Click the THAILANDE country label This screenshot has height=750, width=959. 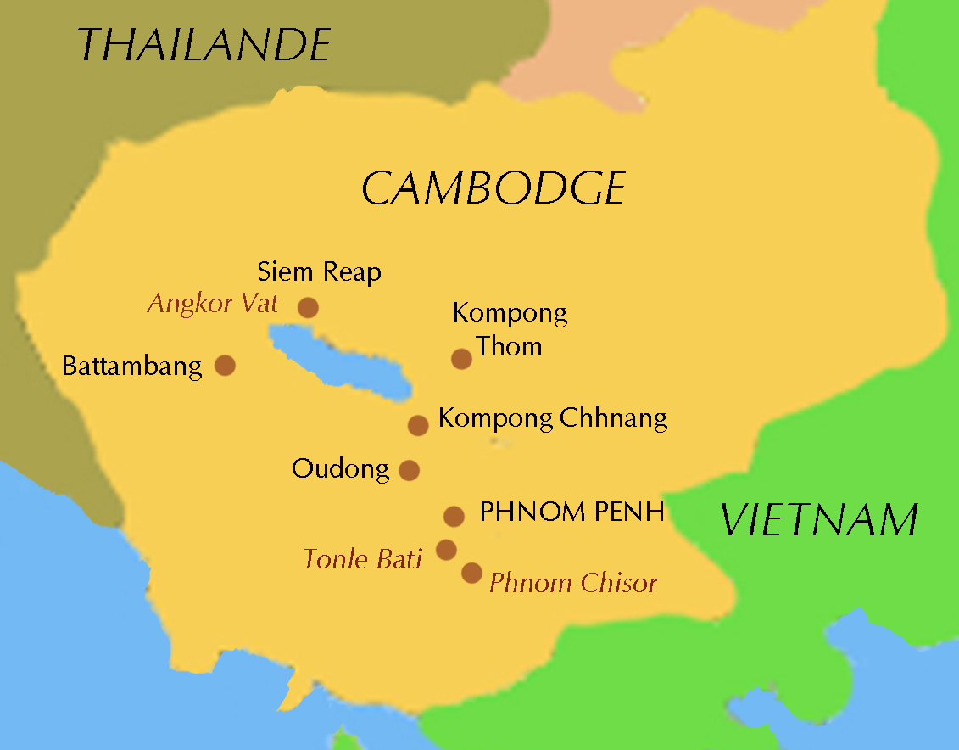(204, 44)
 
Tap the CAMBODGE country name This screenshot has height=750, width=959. (493, 188)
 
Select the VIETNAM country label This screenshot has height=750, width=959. (819, 519)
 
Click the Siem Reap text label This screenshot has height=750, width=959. (319, 272)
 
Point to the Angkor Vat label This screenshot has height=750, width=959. (213, 304)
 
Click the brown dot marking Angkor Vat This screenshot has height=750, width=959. (308, 307)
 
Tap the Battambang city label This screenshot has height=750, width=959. (132, 367)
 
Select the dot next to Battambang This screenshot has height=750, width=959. (225, 365)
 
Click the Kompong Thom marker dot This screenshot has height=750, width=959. (461, 359)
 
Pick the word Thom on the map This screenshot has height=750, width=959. (509, 346)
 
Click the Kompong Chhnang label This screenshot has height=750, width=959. (553, 418)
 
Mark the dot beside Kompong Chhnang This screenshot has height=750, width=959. (418, 425)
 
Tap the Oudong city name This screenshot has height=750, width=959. (341, 468)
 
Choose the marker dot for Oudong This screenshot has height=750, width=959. (409, 470)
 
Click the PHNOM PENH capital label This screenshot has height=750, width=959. (571, 512)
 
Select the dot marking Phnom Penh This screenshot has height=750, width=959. (454, 516)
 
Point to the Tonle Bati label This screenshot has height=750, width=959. (363, 559)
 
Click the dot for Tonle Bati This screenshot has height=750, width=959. (446, 550)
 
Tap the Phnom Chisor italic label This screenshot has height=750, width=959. (573, 583)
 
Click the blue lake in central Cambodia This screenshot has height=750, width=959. (339, 361)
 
